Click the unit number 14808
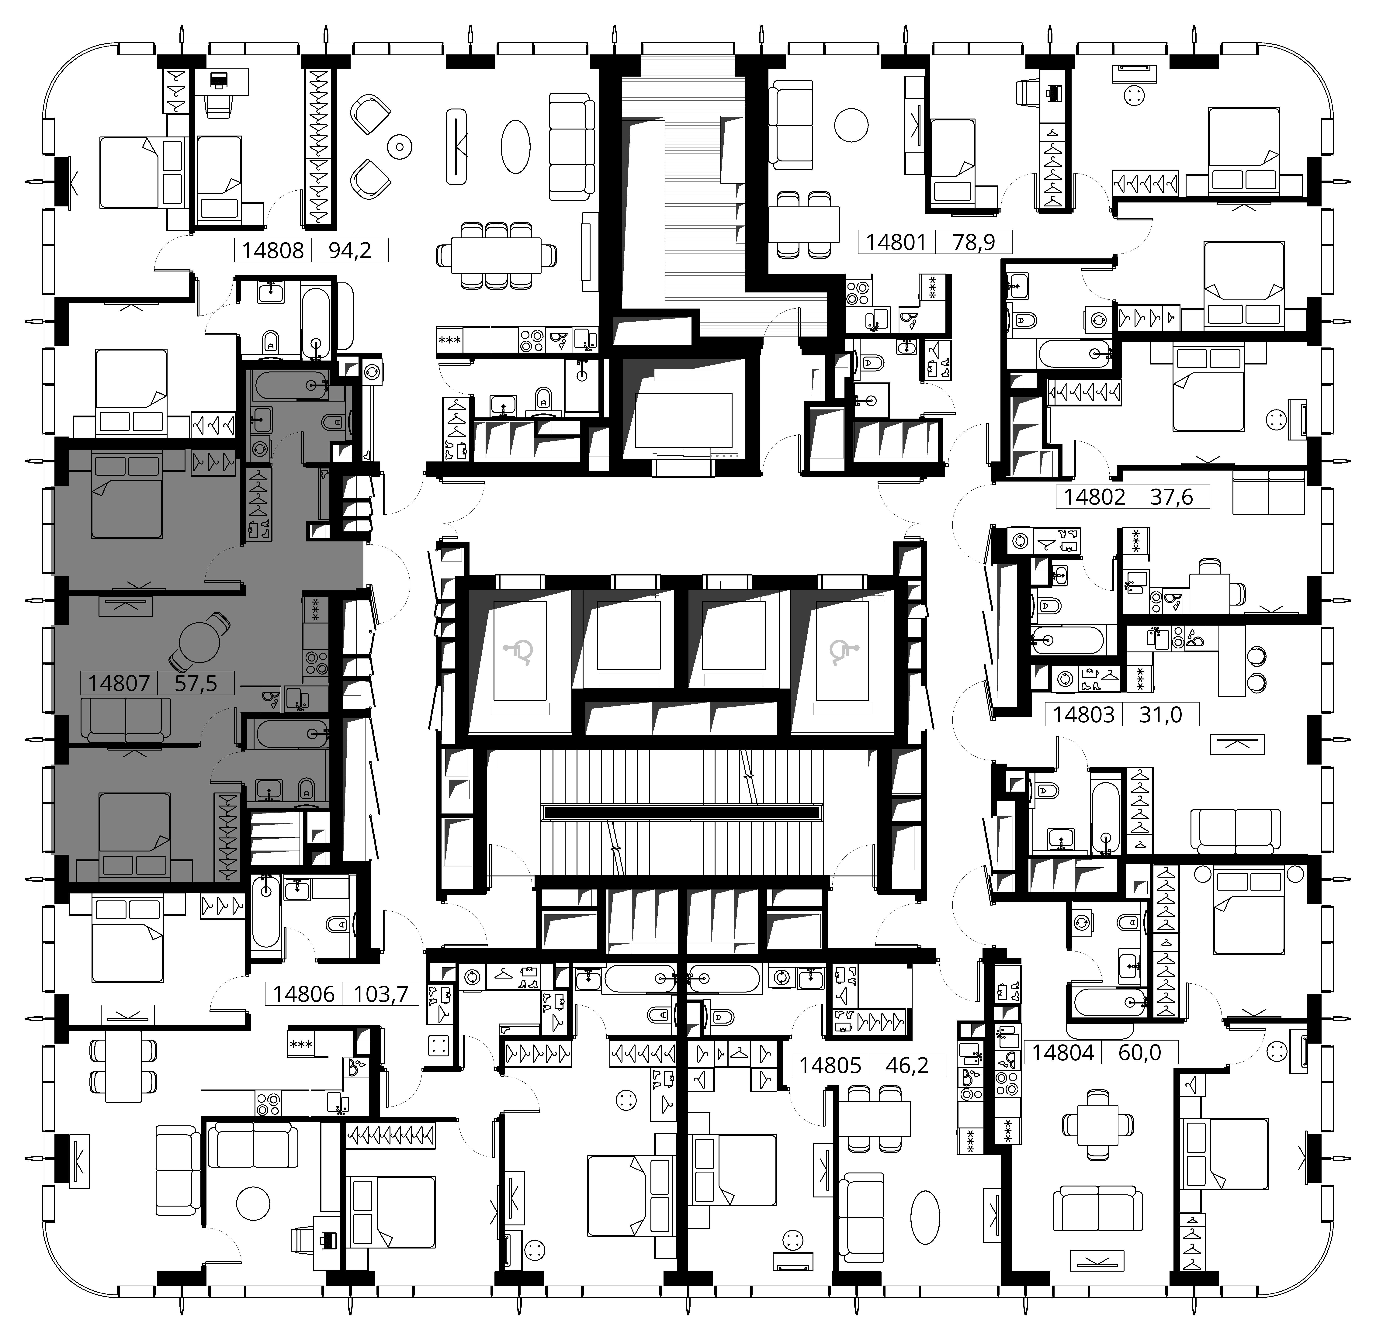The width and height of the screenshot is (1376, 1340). [273, 250]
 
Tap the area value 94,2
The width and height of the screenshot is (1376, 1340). [350, 250]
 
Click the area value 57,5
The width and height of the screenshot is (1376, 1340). [196, 683]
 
